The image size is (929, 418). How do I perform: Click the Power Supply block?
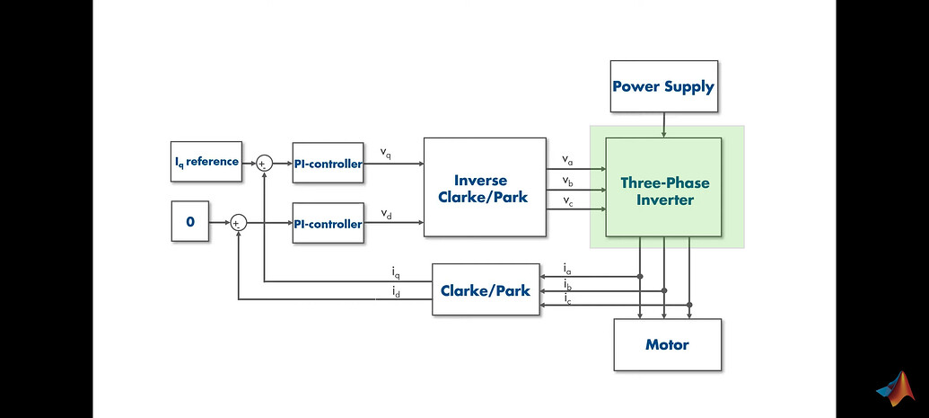tap(663, 86)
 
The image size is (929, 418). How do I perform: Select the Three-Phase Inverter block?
tap(664, 191)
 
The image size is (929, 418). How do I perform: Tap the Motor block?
tap(667, 344)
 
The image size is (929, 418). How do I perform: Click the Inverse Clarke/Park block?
tap(485, 187)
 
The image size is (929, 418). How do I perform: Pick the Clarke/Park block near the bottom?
tap(485, 289)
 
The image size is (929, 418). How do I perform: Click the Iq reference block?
tap(206, 162)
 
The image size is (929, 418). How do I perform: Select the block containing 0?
tap(189, 221)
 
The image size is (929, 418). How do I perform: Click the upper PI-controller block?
tap(328, 164)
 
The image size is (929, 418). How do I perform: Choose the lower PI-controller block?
tap(328, 223)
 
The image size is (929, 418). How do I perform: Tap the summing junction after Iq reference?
tap(264, 163)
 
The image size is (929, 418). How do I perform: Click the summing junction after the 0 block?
tap(238, 223)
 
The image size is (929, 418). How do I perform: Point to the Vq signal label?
tap(385, 153)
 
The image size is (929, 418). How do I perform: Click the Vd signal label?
tap(385, 213)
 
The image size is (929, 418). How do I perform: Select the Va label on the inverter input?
tap(567, 160)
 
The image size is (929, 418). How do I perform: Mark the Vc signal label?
tap(567, 200)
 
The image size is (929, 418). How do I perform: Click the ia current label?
tap(567, 268)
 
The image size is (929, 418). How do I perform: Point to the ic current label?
tap(567, 298)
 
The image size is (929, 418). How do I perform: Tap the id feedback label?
tap(395, 291)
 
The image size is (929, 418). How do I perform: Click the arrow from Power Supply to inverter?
tap(663, 125)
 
